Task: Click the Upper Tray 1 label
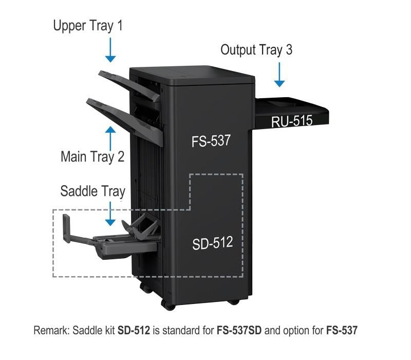[88, 26]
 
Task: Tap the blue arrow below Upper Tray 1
[110, 50]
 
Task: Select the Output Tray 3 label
[256, 50]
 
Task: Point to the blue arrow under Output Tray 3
[279, 75]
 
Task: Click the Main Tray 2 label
[92, 157]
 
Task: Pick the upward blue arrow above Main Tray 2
[110, 138]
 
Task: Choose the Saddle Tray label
[93, 191]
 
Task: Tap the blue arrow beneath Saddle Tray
[110, 213]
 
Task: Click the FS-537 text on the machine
[211, 141]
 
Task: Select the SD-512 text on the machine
[213, 243]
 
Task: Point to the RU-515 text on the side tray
[292, 121]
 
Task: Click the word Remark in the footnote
[51, 330]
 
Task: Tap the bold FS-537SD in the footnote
[239, 330]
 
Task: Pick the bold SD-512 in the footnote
[134, 330]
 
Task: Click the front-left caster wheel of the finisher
[169, 305]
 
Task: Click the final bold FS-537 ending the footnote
[342, 330]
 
